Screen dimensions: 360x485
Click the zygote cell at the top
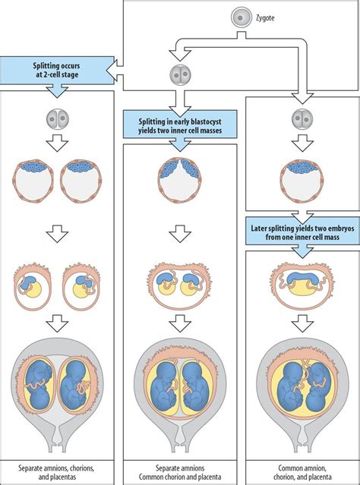click(240, 17)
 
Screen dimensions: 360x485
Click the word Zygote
click(264, 17)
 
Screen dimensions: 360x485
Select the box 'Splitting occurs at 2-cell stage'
click(57, 71)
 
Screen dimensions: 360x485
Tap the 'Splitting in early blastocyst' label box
click(180, 124)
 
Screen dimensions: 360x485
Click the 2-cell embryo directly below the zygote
click(180, 75)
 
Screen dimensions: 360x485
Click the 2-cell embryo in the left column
click(57, 119)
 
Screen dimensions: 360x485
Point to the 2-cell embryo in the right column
click(302, 119)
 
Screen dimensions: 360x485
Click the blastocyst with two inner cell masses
click(179, 181)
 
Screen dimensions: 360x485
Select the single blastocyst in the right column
click(302, 181)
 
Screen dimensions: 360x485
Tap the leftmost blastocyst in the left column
click(33, 181)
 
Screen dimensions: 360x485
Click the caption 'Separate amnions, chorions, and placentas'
click(56, 472)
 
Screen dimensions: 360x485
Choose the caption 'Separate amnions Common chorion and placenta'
click(180, 472)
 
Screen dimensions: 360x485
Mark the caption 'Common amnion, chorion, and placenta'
click(302, 472)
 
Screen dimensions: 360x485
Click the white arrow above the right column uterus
click(302, 324)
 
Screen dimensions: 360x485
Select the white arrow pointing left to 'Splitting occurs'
click(115, 71)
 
